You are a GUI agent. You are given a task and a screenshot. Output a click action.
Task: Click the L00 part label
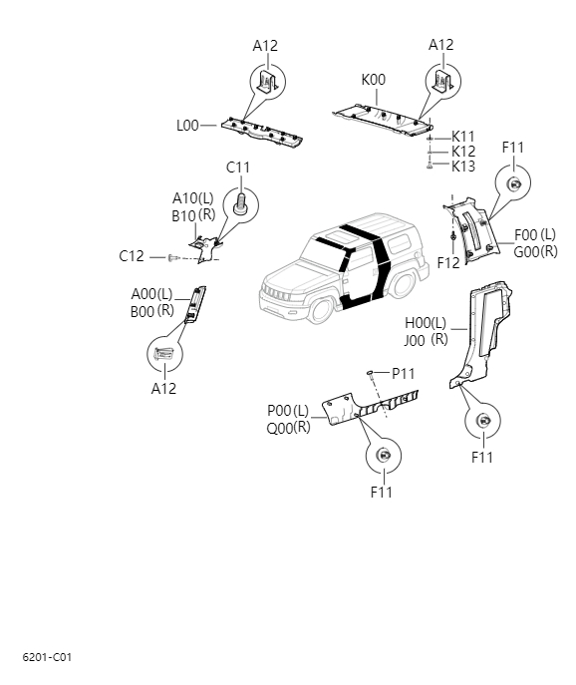[187, 126]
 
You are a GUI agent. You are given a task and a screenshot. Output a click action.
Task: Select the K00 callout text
[373, 80]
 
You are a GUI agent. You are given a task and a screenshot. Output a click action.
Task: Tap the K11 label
[463, 137]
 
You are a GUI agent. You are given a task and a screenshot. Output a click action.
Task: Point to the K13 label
[463, 167]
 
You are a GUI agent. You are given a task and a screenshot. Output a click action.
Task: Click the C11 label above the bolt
[237, 167]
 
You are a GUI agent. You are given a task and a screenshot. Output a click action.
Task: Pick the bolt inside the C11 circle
[240, 204]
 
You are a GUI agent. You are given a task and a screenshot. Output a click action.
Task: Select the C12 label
[132, 256]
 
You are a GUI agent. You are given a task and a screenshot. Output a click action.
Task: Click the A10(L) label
[186, 197]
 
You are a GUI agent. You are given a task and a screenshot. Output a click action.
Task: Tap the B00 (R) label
[152, 310]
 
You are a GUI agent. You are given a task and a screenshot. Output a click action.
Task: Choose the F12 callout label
[448, 262]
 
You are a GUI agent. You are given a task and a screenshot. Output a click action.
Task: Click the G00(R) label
[535, 251]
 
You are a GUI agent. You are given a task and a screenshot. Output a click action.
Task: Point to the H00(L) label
[426, 323]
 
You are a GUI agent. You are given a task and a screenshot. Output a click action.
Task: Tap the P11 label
[404, 373]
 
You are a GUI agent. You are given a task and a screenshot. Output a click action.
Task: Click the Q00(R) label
[288, 427]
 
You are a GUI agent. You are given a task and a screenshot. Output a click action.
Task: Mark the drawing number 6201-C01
[47, 657]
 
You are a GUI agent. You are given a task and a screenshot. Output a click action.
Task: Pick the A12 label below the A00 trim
[163, 389]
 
